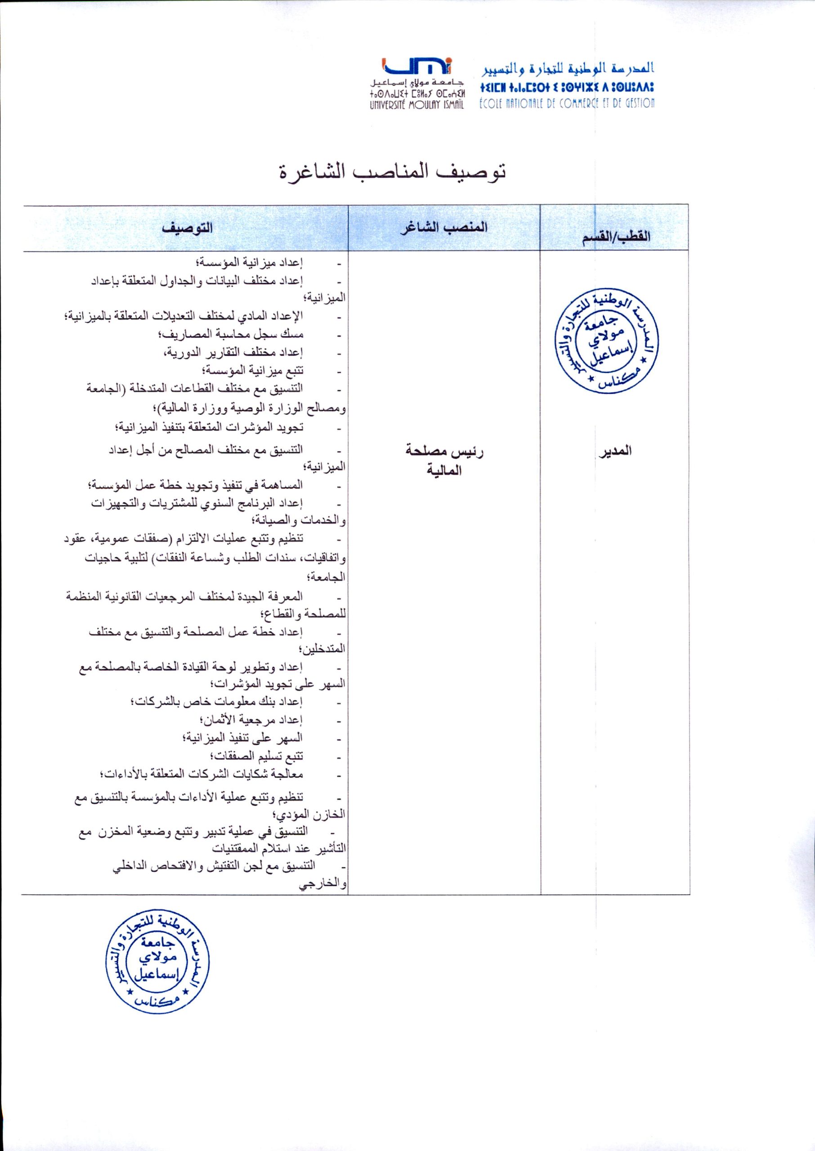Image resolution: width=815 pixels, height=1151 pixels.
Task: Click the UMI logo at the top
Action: pyautogui.click(x=417, y=66)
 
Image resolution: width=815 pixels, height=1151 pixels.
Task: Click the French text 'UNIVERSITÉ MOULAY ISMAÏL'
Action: pyautogui.click(x=416, y=104)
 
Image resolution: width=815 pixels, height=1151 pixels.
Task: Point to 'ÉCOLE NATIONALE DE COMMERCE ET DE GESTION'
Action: pyautogui.click(x=567, y=103)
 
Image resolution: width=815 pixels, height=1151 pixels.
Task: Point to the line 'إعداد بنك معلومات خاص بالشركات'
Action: pyautogui.click(x=216, y=702)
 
